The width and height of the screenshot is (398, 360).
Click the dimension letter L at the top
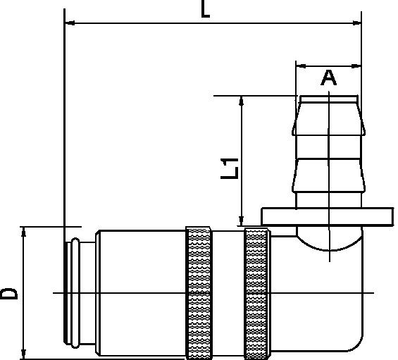[x=206, y=10]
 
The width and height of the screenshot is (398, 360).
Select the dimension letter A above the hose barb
[x=328, y=77]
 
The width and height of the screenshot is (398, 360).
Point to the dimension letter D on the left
[x=10, y=293]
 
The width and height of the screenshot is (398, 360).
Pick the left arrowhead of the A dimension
[x=299, y=66]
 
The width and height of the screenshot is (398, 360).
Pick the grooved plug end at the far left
[x=73, y=292]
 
